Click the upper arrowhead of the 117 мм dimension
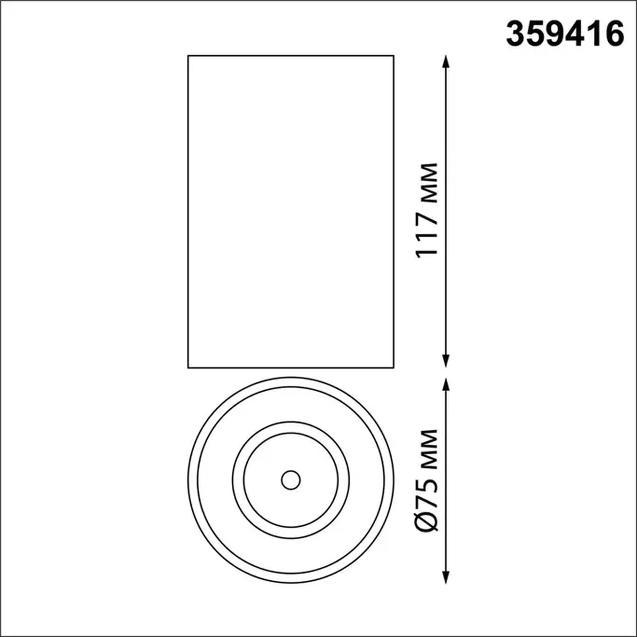click(x=446, y=61)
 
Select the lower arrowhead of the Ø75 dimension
click(x=446, y=577)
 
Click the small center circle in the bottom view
click(x=291, y=480)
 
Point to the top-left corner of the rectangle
click(x=188, y=56)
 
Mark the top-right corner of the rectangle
click(x=394, y=56)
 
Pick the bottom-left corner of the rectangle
click(x=188, y=368)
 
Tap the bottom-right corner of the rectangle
click(x=394, y=368)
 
